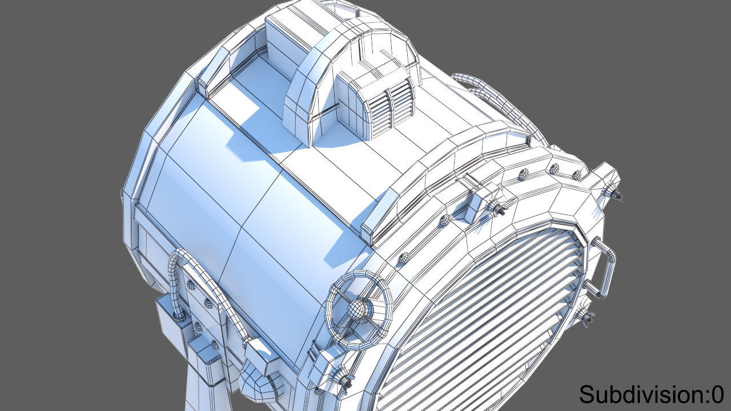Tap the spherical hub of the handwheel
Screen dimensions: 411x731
[x=358, y=310]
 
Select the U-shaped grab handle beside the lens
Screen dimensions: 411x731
[x=605, y=268]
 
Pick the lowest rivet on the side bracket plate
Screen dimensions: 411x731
[x=213, y=344]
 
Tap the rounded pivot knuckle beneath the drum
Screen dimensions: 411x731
[x=260, y=382]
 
